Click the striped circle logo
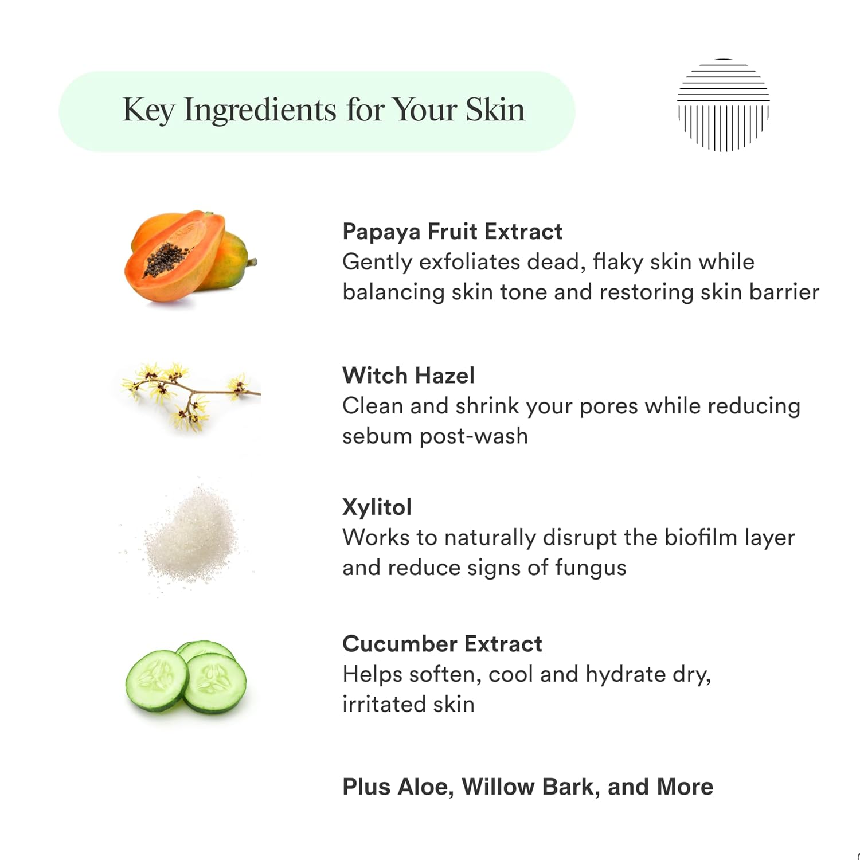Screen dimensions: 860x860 pos(723,105)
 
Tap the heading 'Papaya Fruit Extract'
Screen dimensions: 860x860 pos(452,232)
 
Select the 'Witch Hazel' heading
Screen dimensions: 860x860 pos(408,376)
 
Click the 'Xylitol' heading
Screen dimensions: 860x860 pos(377,507)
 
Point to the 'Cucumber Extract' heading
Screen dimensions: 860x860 pos(442,644)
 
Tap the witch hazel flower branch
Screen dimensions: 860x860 pos(191,396)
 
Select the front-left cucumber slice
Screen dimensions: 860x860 pos(157,681)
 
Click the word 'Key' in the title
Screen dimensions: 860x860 pos(148,110)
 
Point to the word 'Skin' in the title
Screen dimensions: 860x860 pos(495,110)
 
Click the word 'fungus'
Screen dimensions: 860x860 pos(591,568)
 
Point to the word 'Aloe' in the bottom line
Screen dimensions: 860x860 pos(425,787)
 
